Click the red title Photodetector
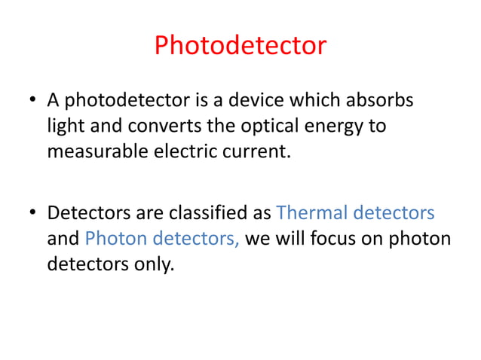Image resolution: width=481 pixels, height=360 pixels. [x=240, y=46]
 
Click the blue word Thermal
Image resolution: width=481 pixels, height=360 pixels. [x=311, y=213]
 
